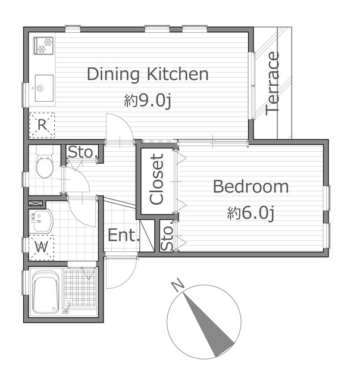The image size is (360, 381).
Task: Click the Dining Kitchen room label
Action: point(148,74)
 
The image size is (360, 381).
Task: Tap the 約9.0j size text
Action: point(148,101)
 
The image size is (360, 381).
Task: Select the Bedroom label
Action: point(251,186)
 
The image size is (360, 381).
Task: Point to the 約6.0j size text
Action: point(251,213)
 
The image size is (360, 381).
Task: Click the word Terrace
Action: point(273,83)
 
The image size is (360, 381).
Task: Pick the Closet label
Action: point(156,179)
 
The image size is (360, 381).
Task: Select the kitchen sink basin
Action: point(44,88)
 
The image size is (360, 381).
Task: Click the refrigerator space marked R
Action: point(42,125)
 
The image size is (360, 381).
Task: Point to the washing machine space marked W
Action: point(41,248)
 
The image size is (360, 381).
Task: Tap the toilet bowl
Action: point(45,166)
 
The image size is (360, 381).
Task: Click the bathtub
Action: point(46,292)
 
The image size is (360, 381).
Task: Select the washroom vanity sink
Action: point(40,221)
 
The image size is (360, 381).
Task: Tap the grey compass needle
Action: point(208,325)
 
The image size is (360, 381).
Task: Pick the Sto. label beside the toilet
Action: point(83,152)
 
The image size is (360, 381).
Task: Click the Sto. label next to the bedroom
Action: point(167,236)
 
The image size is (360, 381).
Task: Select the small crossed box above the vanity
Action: point(36,203)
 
